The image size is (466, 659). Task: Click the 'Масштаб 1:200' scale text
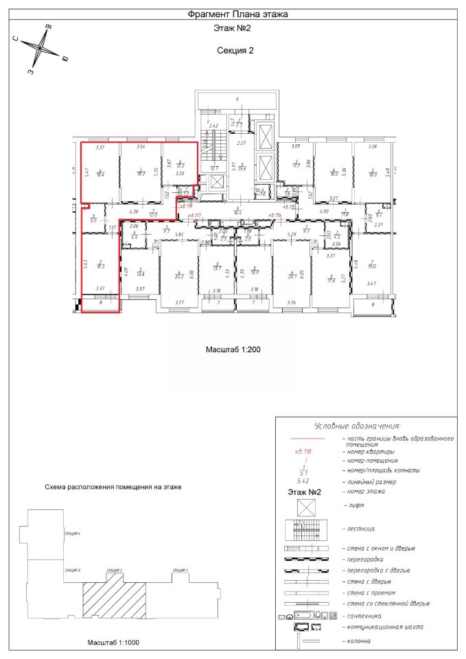(x=233, y=349)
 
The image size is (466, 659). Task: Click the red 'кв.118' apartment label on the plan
(x=185, y=205)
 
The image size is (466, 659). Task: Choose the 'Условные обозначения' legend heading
(x=357, y=425)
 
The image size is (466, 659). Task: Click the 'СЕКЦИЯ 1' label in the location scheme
(x=180, y=570)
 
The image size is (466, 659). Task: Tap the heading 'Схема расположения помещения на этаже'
(x=113, y=487)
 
